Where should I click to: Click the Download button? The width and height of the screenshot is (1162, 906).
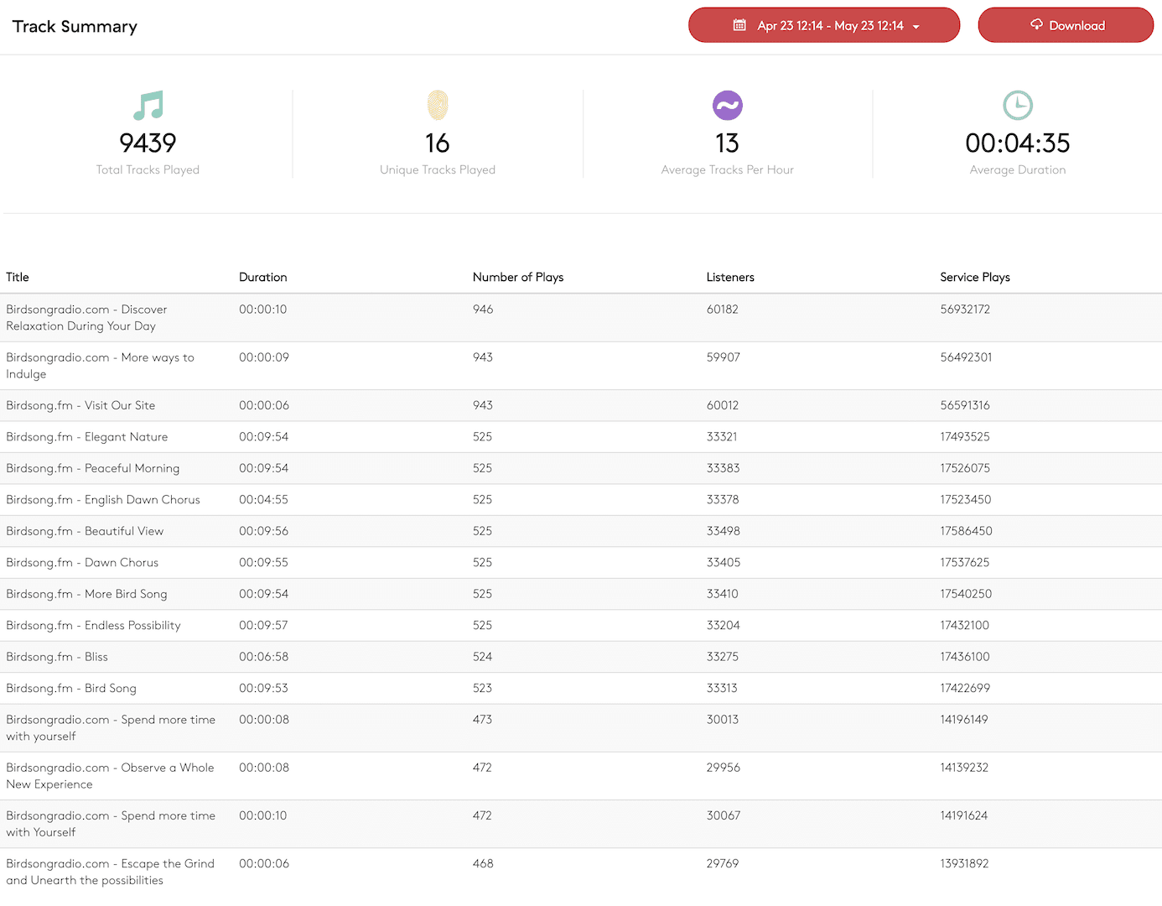1066,25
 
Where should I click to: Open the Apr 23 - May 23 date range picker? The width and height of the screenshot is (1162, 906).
824,25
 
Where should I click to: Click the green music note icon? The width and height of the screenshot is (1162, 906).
148,106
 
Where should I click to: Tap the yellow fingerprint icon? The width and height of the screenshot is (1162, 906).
438,106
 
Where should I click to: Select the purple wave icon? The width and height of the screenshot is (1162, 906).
727,106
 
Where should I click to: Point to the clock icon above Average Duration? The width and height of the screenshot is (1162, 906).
1018,106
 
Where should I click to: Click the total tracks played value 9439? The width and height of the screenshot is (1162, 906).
148,143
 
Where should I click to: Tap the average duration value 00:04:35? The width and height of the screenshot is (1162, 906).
1017,143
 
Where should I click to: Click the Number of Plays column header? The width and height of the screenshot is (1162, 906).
518,277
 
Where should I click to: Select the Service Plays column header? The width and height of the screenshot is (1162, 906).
974,277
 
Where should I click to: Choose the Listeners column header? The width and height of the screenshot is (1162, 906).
730,277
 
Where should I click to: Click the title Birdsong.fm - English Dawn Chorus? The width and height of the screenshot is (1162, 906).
103,500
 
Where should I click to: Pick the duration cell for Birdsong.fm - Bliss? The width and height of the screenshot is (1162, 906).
263,657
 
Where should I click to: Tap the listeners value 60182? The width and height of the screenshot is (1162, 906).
723,310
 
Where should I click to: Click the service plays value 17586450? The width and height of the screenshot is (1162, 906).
966,531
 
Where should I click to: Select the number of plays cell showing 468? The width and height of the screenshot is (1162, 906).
483,863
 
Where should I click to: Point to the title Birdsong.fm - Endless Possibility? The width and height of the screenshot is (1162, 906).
93,626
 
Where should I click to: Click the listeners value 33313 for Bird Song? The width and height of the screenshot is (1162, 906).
722,688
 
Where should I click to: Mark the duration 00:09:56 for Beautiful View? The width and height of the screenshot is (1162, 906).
263,531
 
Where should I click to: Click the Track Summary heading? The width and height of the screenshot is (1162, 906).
75,27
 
